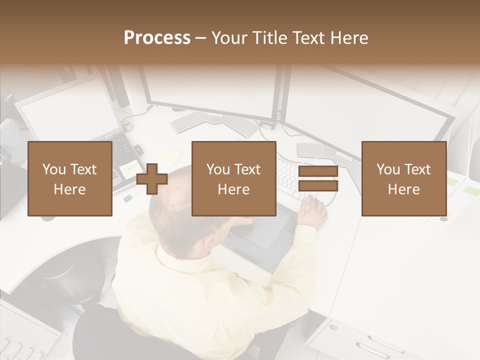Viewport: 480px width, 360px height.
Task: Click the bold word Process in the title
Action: pyautogui.click(x=157, y=38)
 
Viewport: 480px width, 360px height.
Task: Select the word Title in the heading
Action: pyautogui.click(x=269, y=38)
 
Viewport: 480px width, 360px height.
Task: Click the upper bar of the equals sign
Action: pyautogui.click(x=318, y=172)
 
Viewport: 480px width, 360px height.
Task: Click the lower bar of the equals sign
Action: pyautogui.click(x=318, y=186)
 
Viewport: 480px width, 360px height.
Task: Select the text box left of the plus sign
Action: pyautogui.click(x=69, y=178)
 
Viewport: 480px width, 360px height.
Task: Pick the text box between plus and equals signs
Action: pyautogui.click(x=233, y=178)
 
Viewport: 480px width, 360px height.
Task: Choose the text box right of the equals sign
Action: pyautogui.click(x=403, y=178)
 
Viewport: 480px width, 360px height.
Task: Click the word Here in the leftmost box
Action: pyautogui.click(x=69, y=189)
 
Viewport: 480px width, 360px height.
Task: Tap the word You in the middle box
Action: pyautogui.click(x=218, y=169)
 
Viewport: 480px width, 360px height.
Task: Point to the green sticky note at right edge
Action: pyautogui.click(x=470, y=190)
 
